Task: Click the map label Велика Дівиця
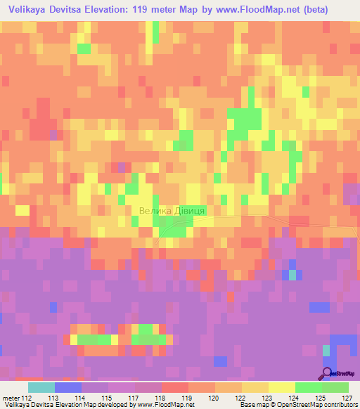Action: tap(172, 211)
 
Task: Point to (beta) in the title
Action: tap(335, 8)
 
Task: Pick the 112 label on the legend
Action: tap(27, 397)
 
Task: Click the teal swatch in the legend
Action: tap(41, 387)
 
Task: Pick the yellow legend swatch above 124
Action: tap(282, 387)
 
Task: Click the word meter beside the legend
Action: tap(11, 397)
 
